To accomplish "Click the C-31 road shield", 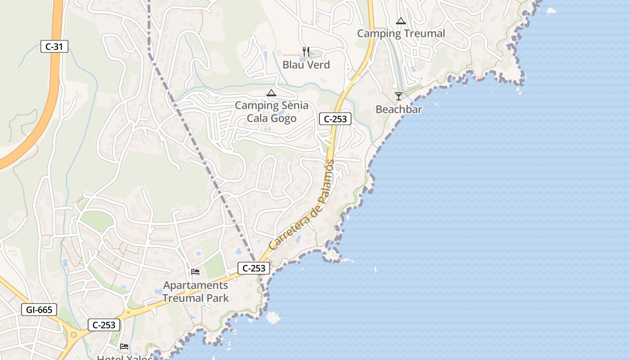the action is [54, 46].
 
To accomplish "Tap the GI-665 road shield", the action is [39, 310].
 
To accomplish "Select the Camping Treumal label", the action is [401, 34].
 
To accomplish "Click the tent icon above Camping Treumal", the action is [401, 21].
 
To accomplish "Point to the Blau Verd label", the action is [306, 65].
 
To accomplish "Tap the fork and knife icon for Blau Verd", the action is [306, 52].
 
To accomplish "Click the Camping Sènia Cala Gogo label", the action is [272, 112].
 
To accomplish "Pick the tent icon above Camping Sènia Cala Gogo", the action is [271, 93].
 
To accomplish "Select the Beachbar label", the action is [399, 109].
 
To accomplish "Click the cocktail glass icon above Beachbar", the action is [399, 96].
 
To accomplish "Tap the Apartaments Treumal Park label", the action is [195, 292].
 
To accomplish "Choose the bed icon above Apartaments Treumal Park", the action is [195, 271].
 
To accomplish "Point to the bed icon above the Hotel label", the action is [124, 346].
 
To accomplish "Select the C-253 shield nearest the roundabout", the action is [104, 325].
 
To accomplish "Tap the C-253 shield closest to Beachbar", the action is [335, 119].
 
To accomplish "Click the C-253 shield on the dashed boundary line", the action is [254, 268].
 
